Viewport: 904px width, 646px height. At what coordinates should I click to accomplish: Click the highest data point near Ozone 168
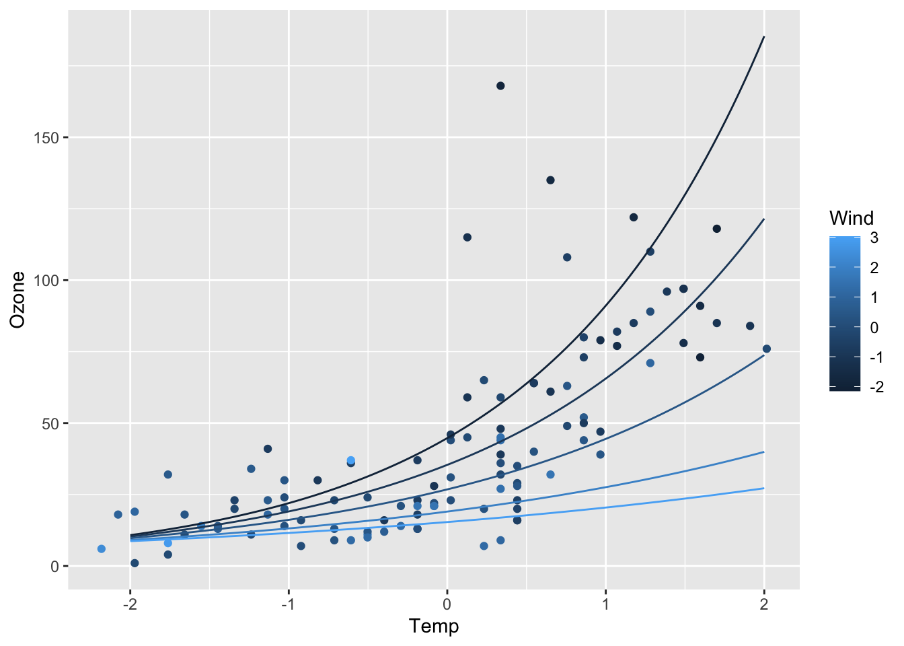(x=500, y=86)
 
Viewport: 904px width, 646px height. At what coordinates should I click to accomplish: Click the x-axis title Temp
(x=434, y=626)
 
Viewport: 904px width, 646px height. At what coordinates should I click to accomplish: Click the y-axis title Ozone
(x=18, y=299)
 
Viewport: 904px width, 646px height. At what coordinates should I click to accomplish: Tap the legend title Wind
(x=851, y=218)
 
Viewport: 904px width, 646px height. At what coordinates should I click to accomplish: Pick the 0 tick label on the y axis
(x=55, y=566)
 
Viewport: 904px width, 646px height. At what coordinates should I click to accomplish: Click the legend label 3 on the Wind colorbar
(x=874, y=238)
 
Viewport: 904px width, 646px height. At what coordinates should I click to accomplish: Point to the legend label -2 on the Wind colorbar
(x=876, y=387)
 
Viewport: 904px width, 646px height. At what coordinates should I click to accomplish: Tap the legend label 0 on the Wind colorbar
(x=874, y=327)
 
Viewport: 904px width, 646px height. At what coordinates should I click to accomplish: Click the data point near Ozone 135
(x=550, y=180)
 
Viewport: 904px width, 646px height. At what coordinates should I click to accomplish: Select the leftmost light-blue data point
(x=101, y=549)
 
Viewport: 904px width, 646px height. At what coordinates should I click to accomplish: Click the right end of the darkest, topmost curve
(x=764, y=37)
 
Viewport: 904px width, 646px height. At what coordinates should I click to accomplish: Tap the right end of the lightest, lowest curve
(x=764, y=488)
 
